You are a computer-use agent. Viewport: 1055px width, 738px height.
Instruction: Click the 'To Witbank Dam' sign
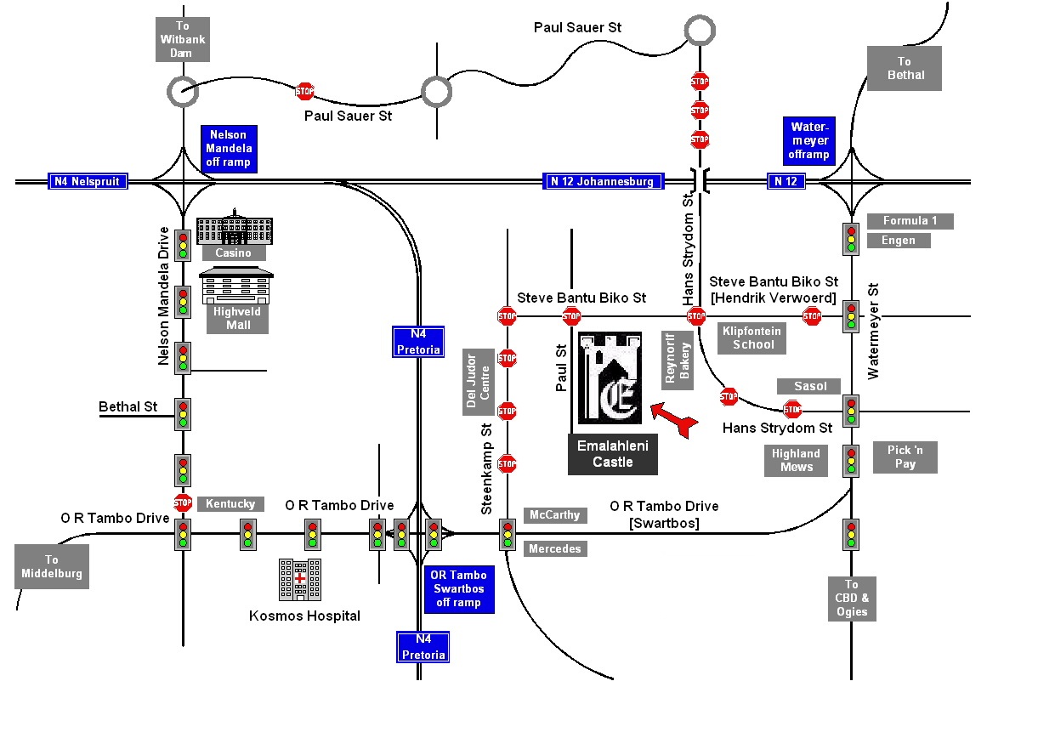(182, 39)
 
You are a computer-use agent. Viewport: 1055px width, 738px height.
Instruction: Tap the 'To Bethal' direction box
(905, 68)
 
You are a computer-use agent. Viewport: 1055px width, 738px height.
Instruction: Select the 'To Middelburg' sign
(52, 566)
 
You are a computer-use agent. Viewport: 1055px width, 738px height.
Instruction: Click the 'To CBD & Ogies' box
(851, 599)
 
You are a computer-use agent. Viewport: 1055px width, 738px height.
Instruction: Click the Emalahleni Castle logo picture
(610, 378)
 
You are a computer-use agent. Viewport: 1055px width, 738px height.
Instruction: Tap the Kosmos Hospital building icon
(300, 579)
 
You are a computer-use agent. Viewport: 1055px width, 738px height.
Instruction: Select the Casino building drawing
(233, 227)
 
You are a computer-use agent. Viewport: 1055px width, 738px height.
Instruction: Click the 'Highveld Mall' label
(238, 318)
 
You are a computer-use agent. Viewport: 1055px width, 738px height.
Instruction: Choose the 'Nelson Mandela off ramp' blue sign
(229, 148)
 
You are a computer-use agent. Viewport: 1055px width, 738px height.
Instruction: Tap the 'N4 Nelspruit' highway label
(88, 181)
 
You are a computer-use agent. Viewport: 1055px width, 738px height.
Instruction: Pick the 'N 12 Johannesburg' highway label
(602, 181)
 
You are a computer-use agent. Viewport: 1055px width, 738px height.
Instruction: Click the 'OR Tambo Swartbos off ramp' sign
(457, 589)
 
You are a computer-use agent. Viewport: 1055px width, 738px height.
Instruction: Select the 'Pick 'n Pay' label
(905, 457)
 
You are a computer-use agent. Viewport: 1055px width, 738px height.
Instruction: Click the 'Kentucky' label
(230, 503)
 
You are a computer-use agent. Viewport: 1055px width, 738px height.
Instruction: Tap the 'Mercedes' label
(554, 548)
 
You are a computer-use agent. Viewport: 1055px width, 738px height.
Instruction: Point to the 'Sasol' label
(809, 386)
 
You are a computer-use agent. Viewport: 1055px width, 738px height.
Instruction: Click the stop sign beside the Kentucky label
(183, 502)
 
